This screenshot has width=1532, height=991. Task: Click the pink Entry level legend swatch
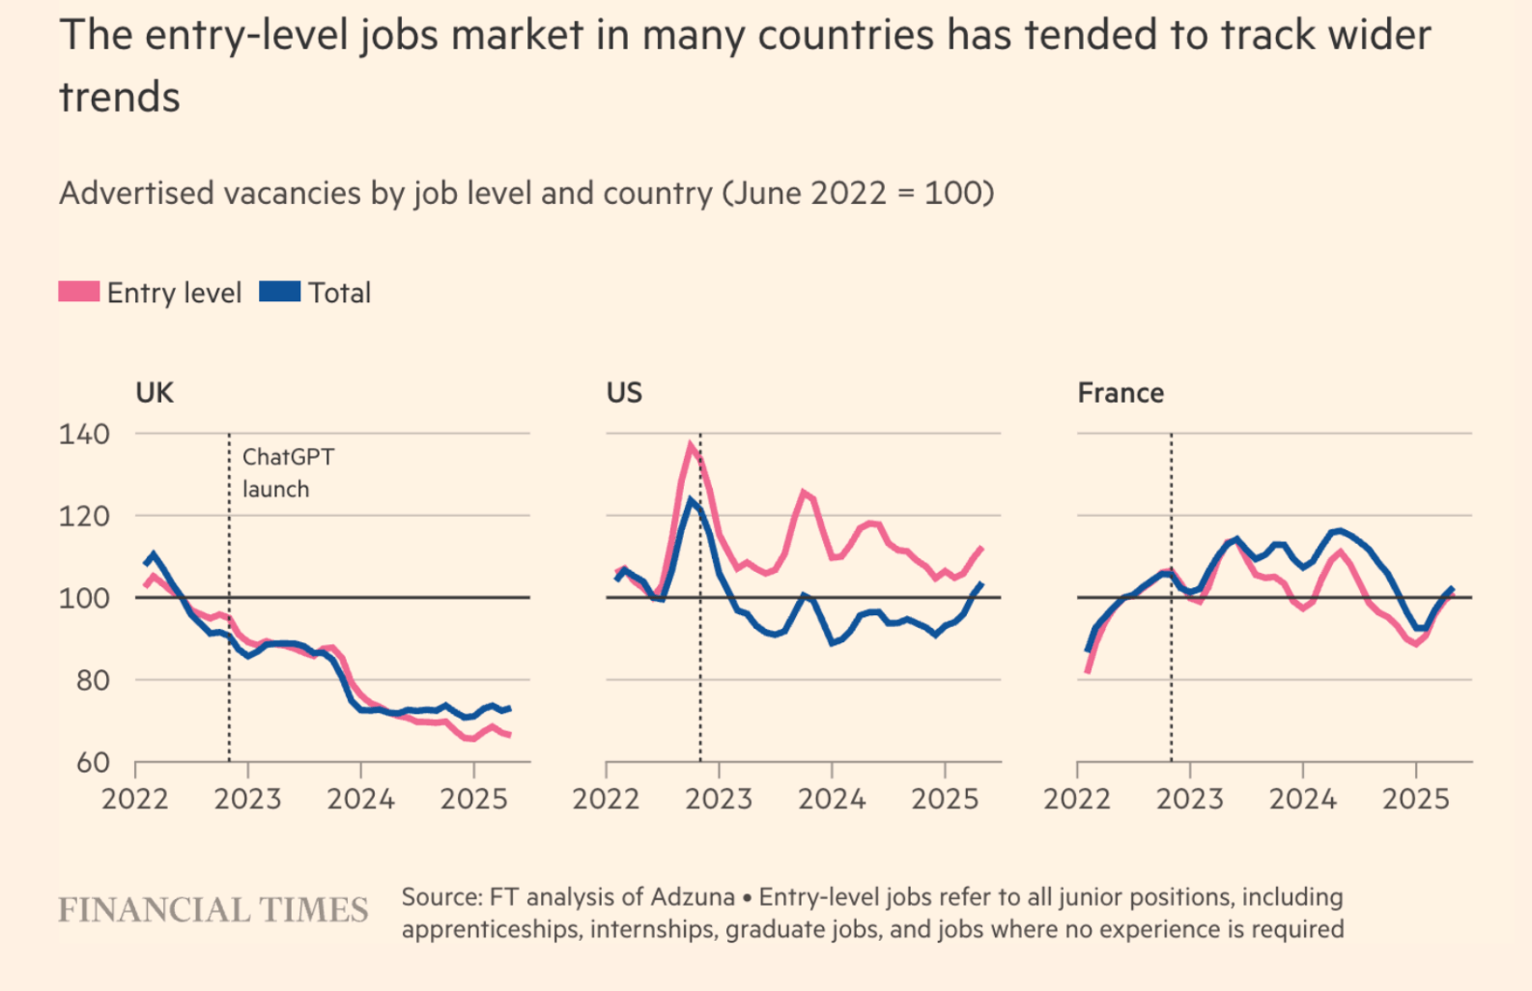click(x=79, y=292)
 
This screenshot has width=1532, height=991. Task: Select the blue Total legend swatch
click(x=280, y=292)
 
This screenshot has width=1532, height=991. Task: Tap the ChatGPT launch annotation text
click(x=287, y=472)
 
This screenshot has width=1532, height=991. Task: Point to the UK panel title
click(x=155, y=393)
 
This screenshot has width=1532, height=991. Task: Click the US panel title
click(x=624, y=393)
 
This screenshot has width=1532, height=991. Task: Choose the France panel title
click(x=1121, y=393)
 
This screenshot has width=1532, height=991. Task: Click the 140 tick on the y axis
click(x=85, y=434)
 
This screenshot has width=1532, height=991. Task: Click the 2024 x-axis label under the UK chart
click(x=360, y=799)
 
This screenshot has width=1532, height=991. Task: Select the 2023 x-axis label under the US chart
click(x=719, y=799)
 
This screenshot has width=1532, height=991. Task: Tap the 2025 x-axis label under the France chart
click(x=1415, y=799)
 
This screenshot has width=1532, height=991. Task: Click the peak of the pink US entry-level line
click(x=691, y=444)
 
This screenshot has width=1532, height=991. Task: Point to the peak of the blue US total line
click(x=692, y=500)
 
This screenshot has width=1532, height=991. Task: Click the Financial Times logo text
click(x=213, y=910)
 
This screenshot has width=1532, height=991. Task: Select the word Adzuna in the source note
click(x=693, y=897)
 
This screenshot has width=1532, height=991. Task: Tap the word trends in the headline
click(x=120, y=98)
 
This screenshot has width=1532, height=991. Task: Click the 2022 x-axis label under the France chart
click(x=1077, y=799)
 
